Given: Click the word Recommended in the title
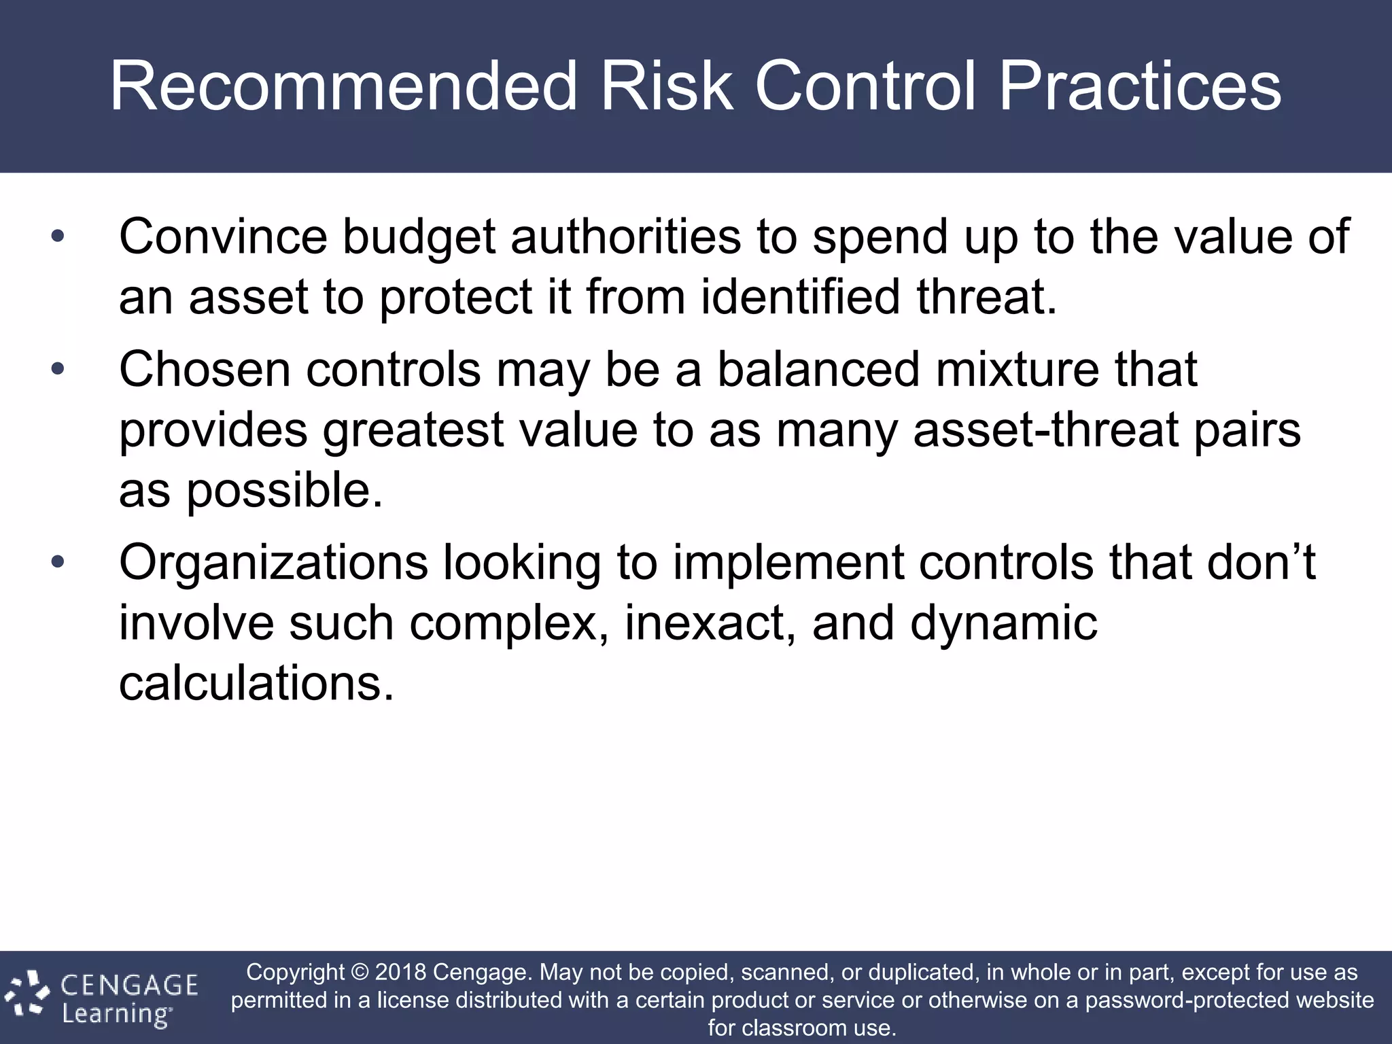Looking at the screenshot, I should click(343, 86).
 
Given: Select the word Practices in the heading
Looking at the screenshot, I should click(1140, 86).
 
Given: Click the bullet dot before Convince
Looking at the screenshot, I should click(58, 237).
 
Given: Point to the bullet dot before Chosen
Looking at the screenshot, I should click(58, 370).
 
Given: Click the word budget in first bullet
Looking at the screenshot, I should click(418, 237).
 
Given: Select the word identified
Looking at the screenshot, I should click(801, 296).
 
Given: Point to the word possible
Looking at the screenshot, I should click(284, 491).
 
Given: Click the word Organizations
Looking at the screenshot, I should click(273, 563).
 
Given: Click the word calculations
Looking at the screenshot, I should click(256, 683).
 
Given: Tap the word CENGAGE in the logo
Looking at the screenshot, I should click(129, 985).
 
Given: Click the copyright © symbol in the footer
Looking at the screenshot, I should click(360, 973).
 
